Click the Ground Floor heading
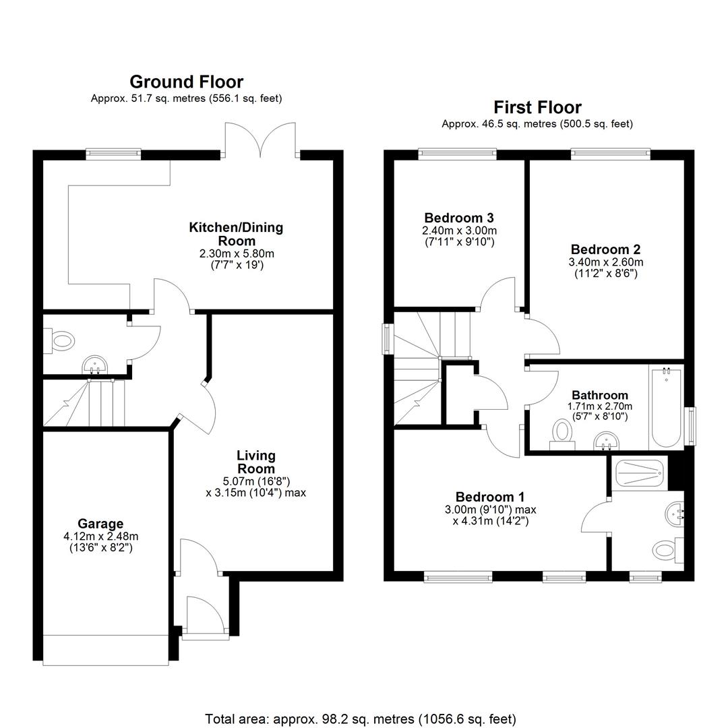click(186, 82)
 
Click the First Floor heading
click(537, 107)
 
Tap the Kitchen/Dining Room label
click(237, 234)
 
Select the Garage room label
click(100, 524)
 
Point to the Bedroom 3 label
click(459, 218)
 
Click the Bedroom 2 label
click(606, 249)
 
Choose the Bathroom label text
click(600, 395)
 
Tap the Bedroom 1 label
click(490, 497)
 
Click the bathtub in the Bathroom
click(666, 408)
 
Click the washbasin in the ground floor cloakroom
click(95, 365)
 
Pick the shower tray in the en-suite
click(639, 473)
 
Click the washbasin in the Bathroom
click(607, 441)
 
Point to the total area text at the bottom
click(361, 719)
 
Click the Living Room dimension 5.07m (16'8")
click(256, 481)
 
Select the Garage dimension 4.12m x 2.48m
click(100, 537)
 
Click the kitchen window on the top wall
click(113, 154)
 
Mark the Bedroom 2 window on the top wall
click(611, 154)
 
